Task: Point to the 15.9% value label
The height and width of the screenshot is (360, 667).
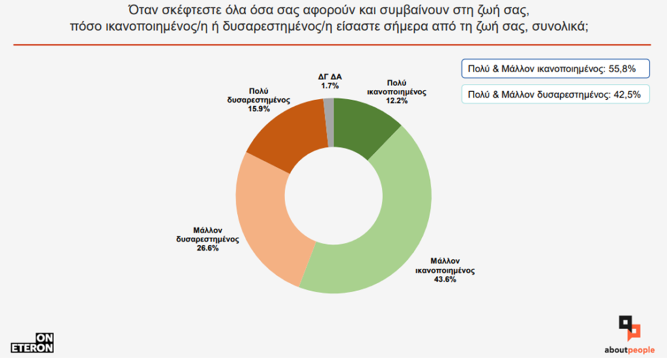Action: click(257, 109)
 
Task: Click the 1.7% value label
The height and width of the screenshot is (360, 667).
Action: click(330, 85)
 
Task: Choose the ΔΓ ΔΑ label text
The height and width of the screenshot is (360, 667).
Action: click(330, 77)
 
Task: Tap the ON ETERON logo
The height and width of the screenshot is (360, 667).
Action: click(32, 342)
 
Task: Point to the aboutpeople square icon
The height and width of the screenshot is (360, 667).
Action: click(629, 327)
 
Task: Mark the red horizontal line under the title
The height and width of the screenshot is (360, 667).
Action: click(333, 45)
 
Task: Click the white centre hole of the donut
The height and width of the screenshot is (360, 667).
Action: click(333, 195)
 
